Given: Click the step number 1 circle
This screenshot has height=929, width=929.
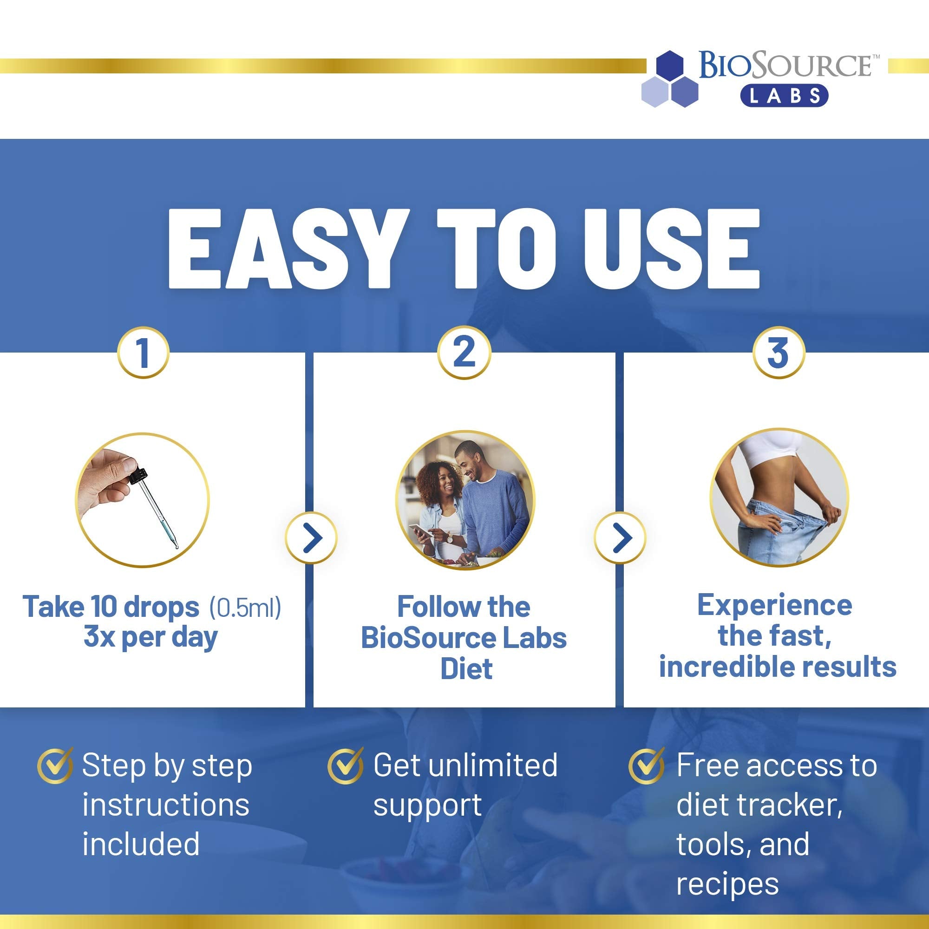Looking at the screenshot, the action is coord(143,353).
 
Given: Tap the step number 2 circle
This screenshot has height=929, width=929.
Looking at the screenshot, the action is coord(464,353).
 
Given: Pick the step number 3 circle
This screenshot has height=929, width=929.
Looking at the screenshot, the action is coord(778,353).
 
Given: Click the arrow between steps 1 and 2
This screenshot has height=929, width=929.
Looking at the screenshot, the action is coord(311,538).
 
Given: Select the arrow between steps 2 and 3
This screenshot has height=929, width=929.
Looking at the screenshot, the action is coord(620,538).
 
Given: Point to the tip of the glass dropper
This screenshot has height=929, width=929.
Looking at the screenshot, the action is coord(177,547).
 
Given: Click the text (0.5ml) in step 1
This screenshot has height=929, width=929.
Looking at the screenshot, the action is coord(245,607).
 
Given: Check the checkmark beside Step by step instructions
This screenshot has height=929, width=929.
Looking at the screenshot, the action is coord(56,765).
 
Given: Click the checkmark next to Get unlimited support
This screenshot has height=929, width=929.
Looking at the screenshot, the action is coord(346,765).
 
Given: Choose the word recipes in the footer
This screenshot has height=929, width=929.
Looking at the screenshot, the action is coord(727,885).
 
